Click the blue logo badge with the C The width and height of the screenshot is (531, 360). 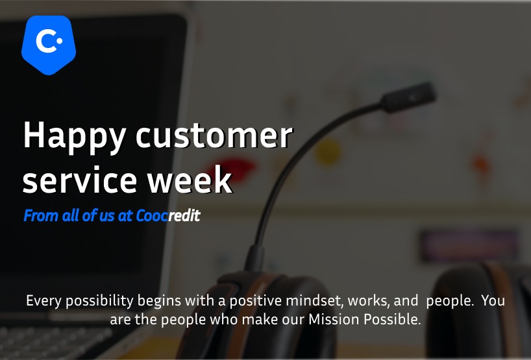[x=49, y=45]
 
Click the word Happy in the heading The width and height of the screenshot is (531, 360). [x=75, y=136]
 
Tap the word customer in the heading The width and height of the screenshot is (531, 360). [x=214, y=136]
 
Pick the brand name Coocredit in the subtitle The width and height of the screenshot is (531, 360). [x=168, y=215]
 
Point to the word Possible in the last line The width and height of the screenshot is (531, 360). [x=392, y=319]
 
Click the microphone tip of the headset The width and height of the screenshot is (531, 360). [x=409, y=97]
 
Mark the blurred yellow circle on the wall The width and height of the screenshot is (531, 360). [x=327, y=152]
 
